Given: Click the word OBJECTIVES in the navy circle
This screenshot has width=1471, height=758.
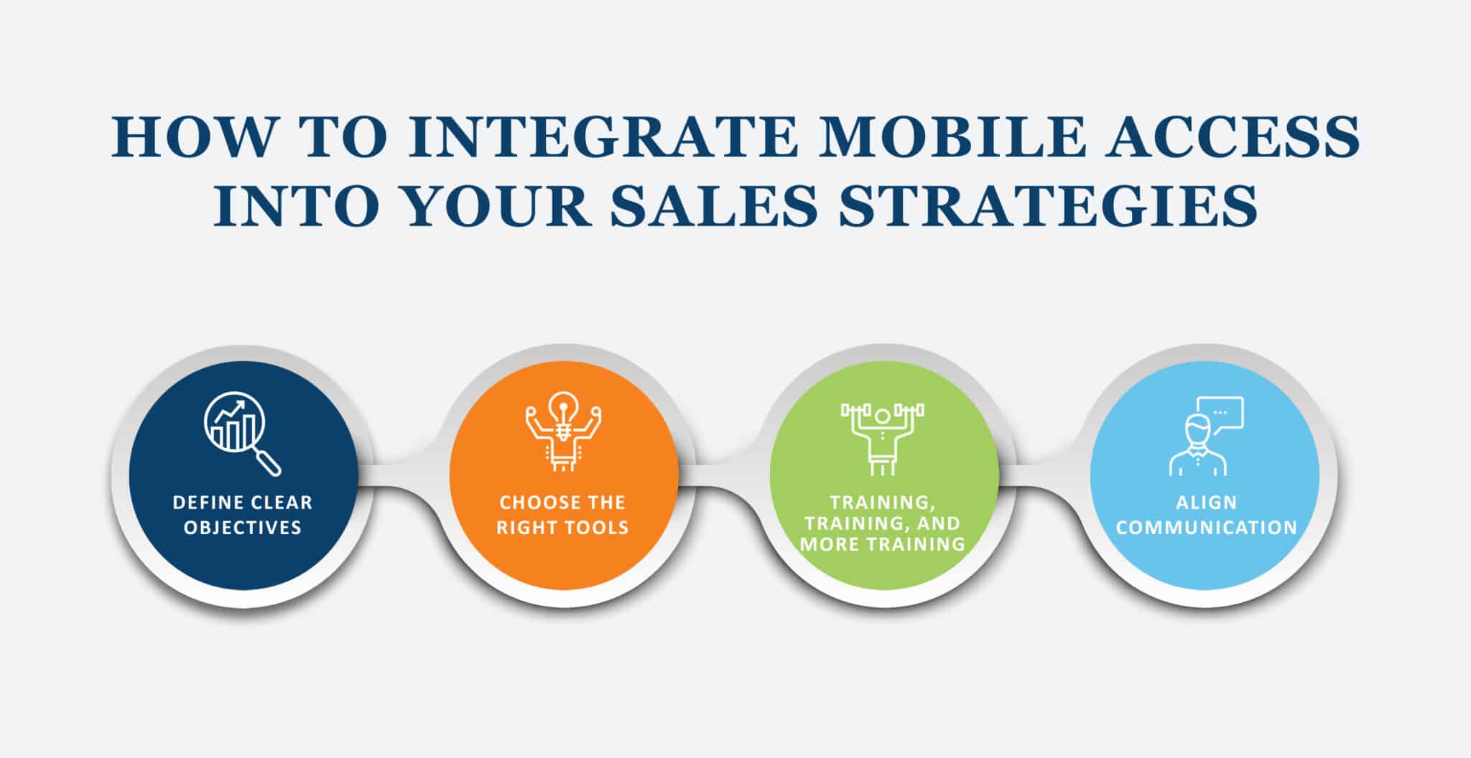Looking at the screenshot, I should point(243,528).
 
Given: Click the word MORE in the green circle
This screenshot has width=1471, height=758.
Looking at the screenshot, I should point(826,544).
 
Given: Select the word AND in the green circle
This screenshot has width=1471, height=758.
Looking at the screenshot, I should point(939,523).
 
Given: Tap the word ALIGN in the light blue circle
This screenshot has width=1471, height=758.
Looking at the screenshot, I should point(1206,502).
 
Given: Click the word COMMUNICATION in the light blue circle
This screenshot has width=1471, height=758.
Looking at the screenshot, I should point(1206,528).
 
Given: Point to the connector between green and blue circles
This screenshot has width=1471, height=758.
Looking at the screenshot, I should point(1045,474).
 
